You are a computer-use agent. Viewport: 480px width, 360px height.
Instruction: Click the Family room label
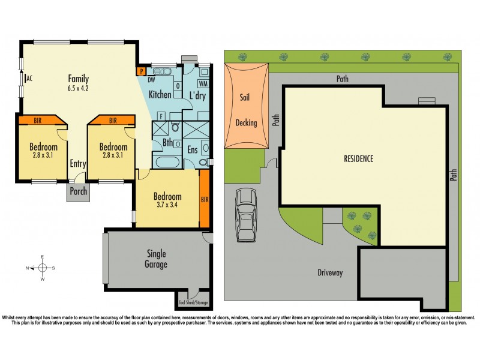click(78, 79)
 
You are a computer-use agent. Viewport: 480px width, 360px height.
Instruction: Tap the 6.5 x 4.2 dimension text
click(78, 88)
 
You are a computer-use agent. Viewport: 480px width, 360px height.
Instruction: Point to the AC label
click(28, 79)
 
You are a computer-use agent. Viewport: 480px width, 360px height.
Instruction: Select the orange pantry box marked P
click(142, 71)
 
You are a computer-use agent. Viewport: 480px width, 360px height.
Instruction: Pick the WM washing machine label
click(203, 83)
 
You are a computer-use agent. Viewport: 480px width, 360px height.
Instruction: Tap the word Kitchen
click(160, 95)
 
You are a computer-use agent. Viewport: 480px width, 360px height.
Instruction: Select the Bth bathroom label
click(168, 143)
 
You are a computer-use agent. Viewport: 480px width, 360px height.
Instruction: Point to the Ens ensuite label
click(193, 149)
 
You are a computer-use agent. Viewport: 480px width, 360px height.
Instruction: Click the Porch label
click(79, 192)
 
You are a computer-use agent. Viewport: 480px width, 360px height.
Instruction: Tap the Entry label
click(78, 163)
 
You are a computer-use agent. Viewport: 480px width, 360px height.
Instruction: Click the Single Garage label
click(156, 259)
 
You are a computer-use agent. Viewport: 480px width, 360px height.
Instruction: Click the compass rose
click(43, 268)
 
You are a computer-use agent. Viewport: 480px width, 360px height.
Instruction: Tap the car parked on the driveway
click(246, 214)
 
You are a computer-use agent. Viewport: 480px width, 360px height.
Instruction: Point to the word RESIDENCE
click(358, 159)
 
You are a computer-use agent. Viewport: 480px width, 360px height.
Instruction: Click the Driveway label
click(330, 273)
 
